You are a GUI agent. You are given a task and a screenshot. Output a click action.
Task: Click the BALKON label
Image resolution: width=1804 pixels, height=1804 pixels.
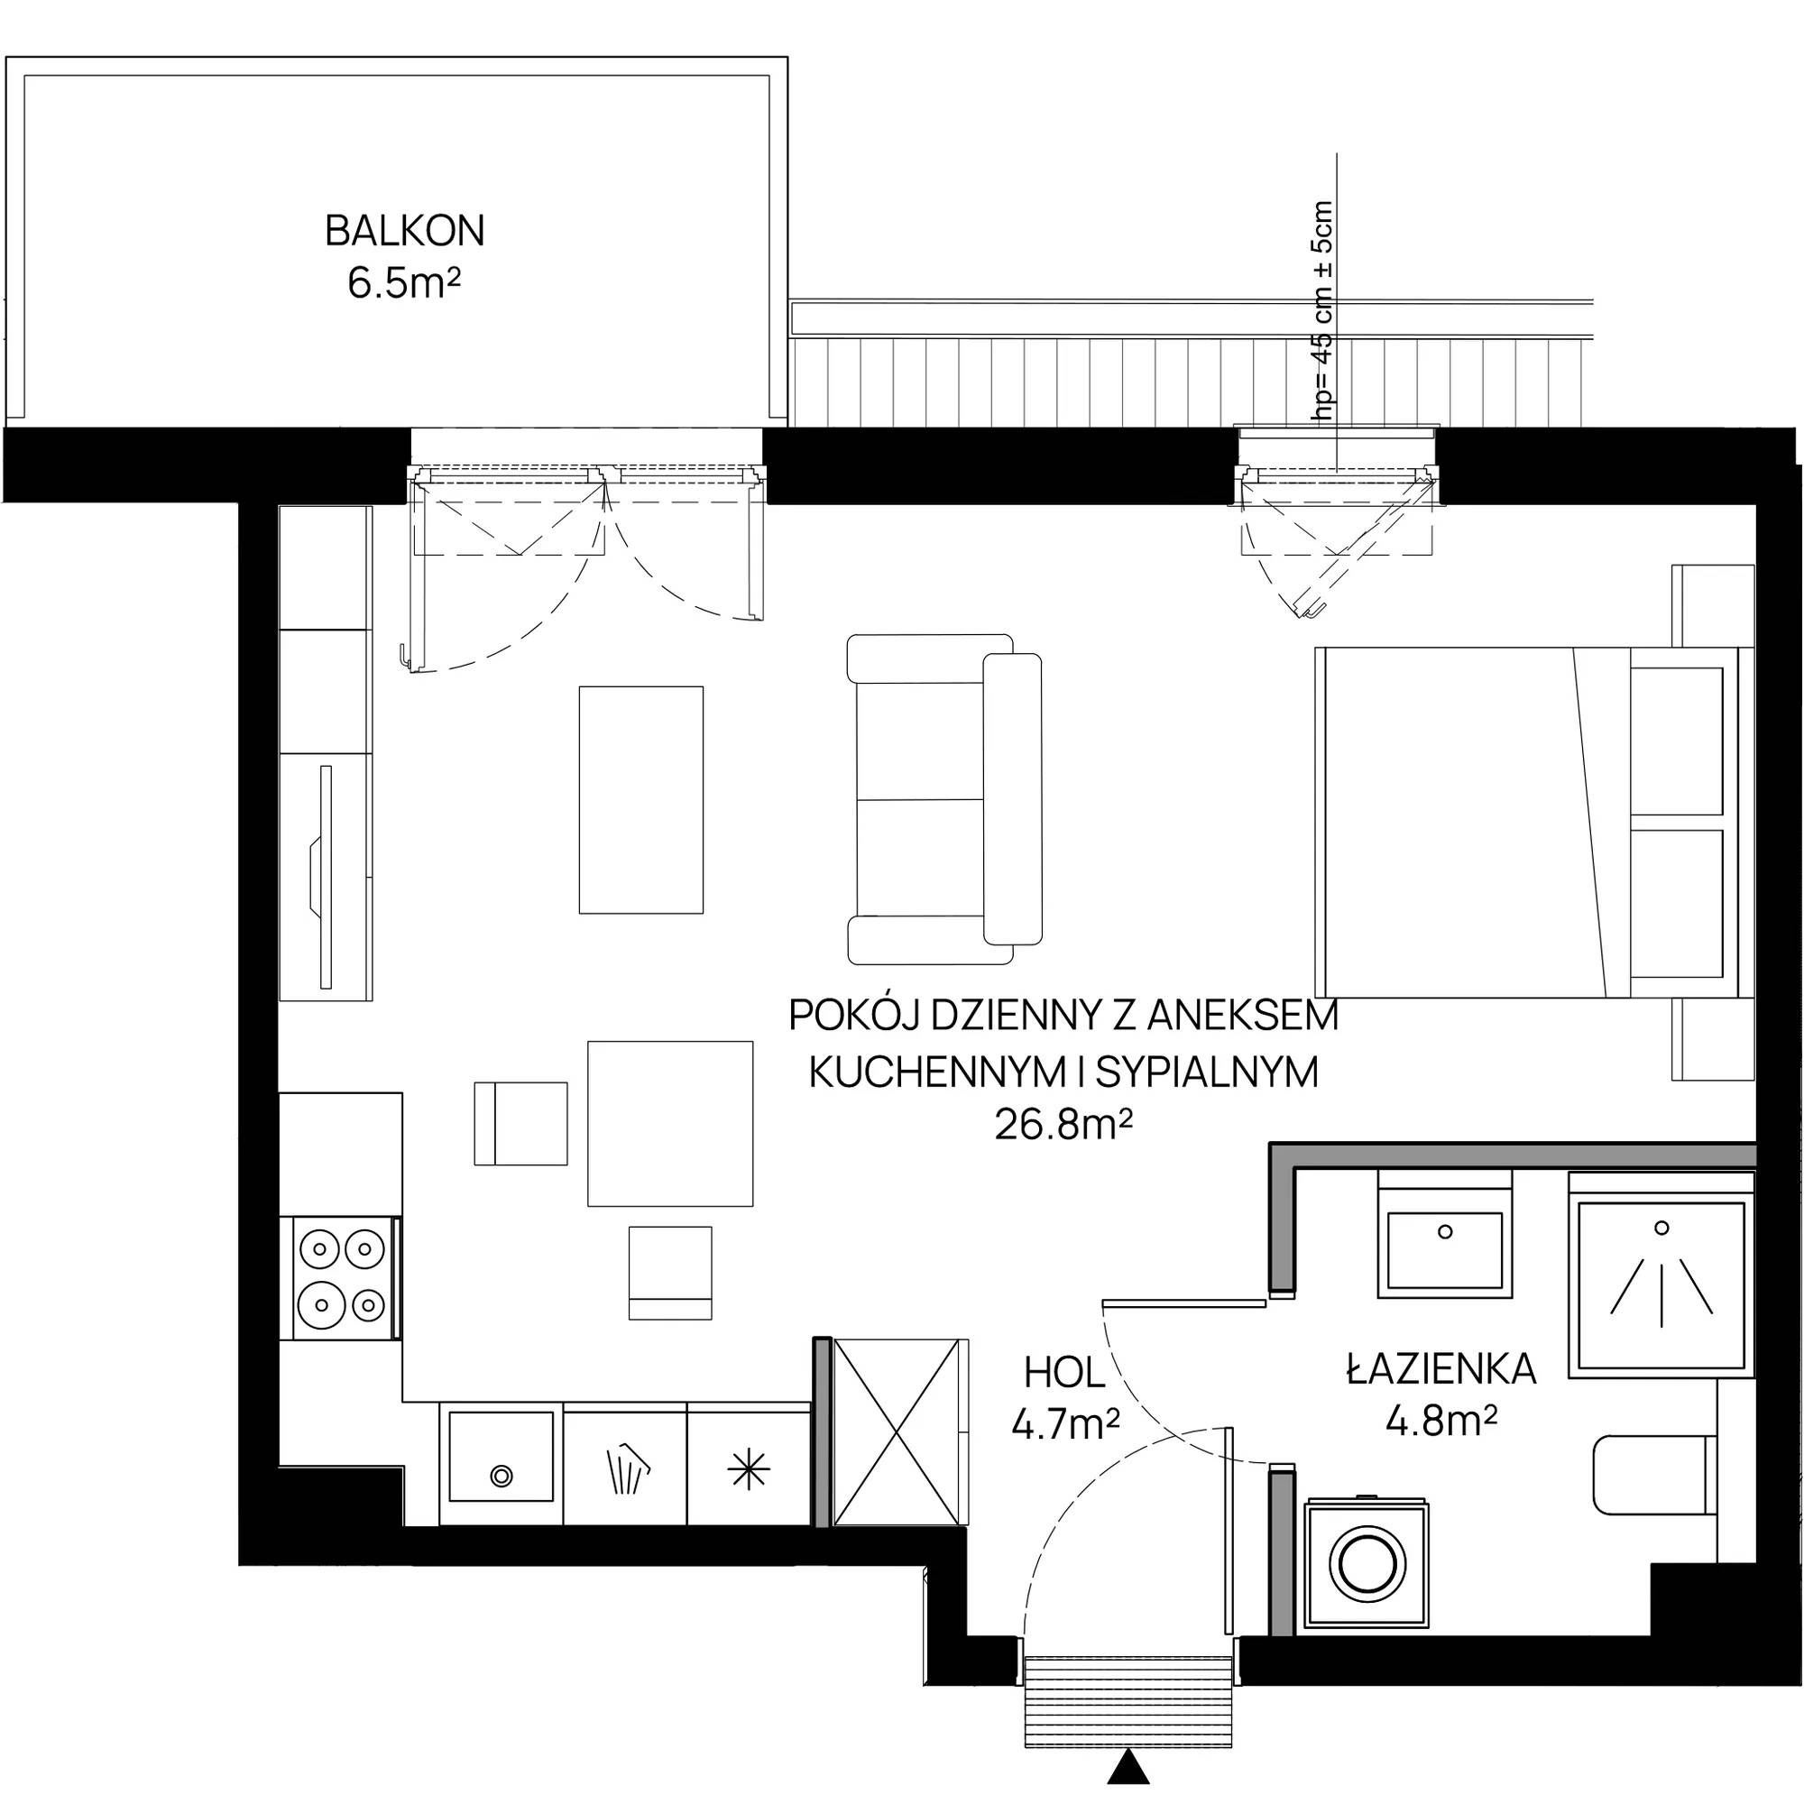[x=404, y=232]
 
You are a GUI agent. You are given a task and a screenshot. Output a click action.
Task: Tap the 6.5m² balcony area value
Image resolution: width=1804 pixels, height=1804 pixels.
[x=404, y=282]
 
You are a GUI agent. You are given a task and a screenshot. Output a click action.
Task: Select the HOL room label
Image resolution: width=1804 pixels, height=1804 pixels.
[x=1064, y=1374]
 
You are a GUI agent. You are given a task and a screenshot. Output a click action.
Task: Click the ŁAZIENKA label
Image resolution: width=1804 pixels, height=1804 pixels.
[x=1440, y=1369]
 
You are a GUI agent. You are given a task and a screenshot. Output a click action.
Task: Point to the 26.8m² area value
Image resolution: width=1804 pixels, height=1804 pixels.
[x=1063, y=1125]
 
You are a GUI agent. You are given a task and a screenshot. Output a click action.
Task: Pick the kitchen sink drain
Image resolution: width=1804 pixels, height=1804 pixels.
[x=502, y=1477]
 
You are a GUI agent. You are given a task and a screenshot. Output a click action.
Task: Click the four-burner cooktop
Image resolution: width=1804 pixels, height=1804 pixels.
[x=344, y=1278]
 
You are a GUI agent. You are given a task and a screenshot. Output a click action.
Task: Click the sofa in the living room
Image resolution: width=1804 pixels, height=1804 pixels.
[x=944, y=799]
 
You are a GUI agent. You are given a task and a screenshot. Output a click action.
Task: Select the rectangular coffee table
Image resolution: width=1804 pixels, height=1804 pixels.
[x=640, y=799]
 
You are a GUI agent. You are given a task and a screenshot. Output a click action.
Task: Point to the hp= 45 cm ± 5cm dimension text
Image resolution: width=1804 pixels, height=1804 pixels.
[x=1323, y=314]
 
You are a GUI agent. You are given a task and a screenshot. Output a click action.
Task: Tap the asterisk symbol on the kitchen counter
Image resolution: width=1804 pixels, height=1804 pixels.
[x=749, y=1473]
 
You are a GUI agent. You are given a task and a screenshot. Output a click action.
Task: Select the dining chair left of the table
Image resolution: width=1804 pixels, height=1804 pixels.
[x=521, y=1123]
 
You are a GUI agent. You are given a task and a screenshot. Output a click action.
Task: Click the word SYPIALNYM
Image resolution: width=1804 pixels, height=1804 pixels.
[x=1206, y=1072]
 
